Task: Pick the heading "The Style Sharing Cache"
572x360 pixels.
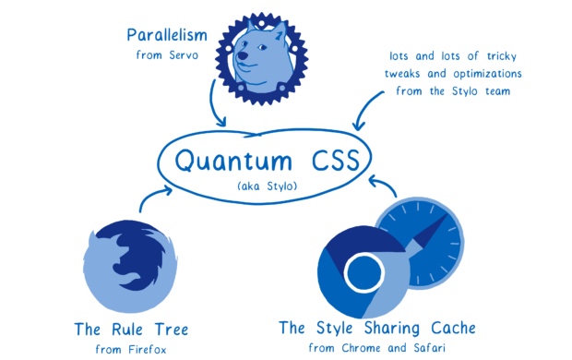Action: (378, 328)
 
